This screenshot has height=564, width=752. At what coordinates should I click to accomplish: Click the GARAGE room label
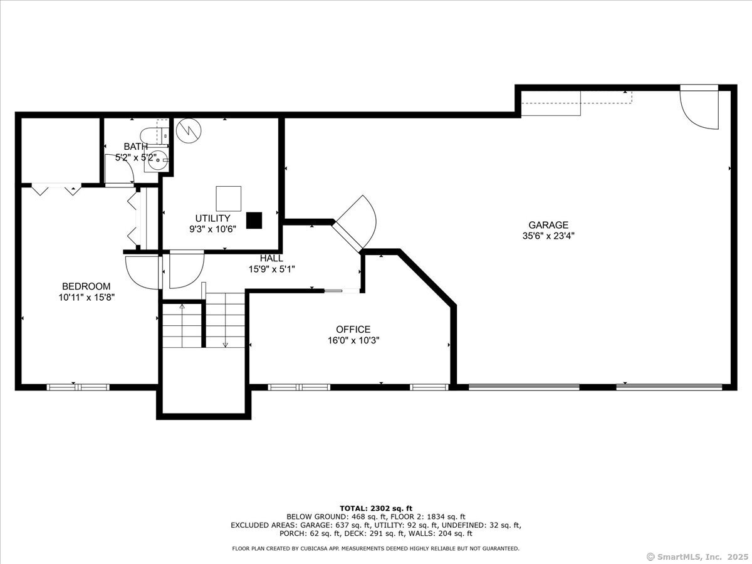click(548, 225)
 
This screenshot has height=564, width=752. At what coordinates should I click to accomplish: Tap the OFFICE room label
click(353, 330)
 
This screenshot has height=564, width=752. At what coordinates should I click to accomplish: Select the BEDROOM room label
click(86, 286)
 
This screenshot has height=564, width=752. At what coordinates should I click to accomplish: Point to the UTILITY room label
click(212, 218)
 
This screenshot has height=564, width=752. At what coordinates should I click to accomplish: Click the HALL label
click(272, 258)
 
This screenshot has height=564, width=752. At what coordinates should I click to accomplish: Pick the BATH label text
click(135, 147)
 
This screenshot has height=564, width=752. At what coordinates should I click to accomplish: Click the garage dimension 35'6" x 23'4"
click(548, 236)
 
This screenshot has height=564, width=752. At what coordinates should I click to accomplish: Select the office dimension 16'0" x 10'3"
click(353, 340)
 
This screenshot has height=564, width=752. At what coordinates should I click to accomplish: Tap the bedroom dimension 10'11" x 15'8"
click(86, 297)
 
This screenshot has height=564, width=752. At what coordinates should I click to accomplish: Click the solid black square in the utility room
click(254, 221)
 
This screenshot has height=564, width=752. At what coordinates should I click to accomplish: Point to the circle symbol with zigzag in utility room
click(189, 131)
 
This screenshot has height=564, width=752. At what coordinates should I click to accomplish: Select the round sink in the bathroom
click(157, 160)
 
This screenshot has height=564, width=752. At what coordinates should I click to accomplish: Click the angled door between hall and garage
click(355, 222)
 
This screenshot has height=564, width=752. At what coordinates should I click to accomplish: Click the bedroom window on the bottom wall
click(78, 387)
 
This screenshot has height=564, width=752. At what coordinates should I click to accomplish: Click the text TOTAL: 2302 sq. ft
click(376, 508)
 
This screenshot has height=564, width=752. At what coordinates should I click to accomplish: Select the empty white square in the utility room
click(229, 199)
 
